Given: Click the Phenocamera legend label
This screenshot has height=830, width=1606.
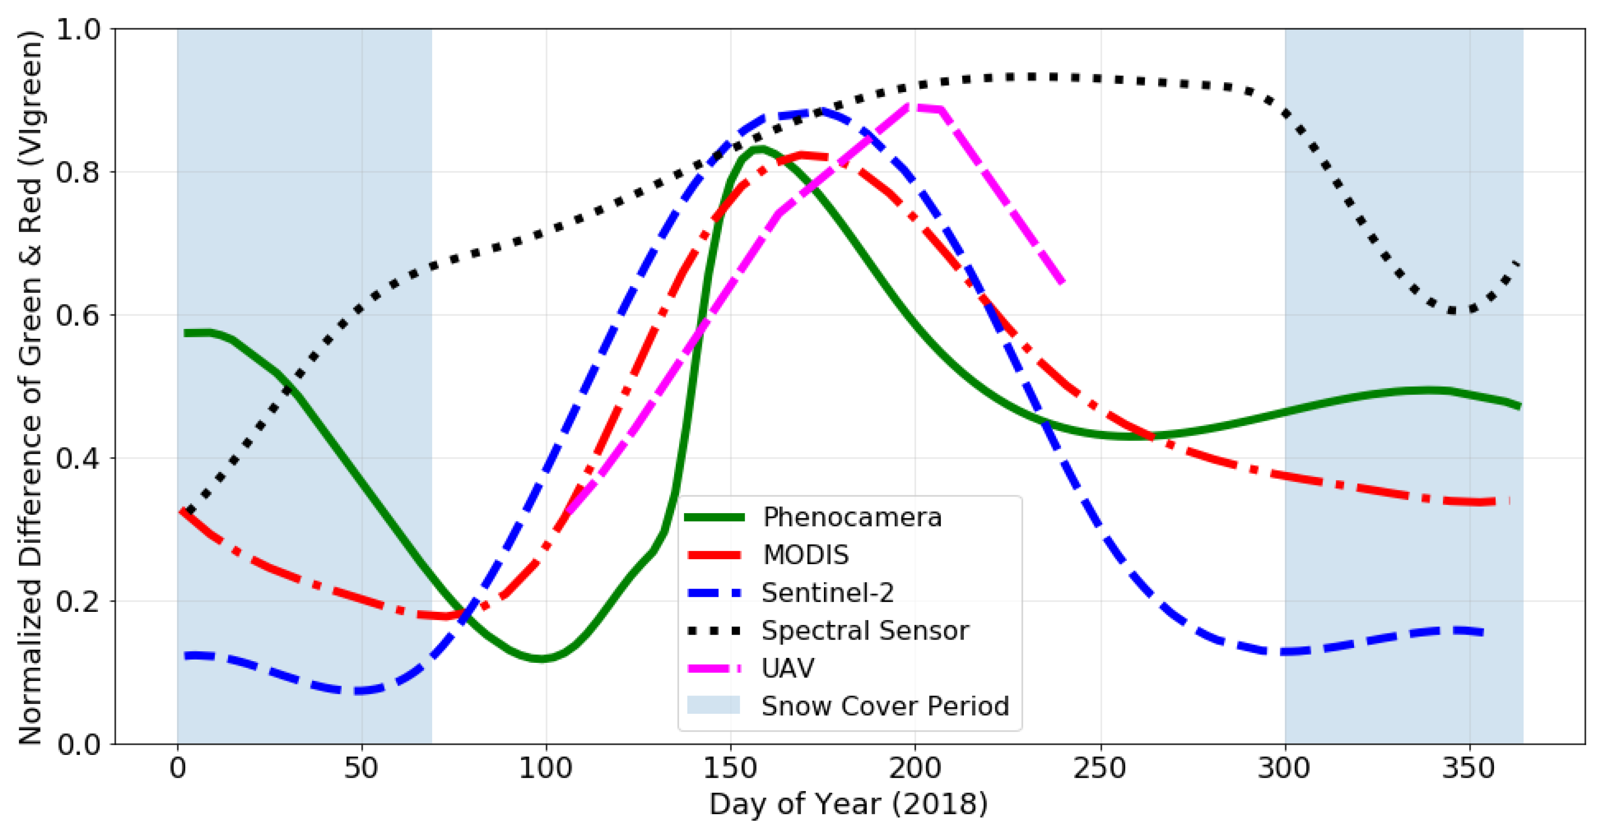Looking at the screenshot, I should click(x=852, y=517).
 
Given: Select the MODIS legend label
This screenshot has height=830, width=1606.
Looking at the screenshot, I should click(x=806, y=555).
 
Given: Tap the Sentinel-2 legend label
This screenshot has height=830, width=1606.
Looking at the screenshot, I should click(x=827, y=593).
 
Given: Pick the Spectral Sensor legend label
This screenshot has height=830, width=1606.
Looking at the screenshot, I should click(x=865, y=630).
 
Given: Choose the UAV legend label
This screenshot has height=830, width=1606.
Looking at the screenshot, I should click(x=787, y=668).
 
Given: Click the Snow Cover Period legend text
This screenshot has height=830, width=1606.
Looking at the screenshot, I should click(x=885, y=706).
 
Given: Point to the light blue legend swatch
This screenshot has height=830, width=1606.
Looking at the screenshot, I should click(x=713, y=705).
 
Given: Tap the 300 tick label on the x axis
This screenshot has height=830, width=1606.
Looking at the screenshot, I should click(x=1284, y=768).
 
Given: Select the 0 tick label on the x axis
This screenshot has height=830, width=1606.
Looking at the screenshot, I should click(x=178, y=768).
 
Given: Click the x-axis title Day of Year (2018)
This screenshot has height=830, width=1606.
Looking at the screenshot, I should click(x=848, y=804).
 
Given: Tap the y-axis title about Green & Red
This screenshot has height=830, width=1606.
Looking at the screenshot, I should click(x=30, y=386).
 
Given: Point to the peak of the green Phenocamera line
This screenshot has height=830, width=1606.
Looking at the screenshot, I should click(x=759, y=149).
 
